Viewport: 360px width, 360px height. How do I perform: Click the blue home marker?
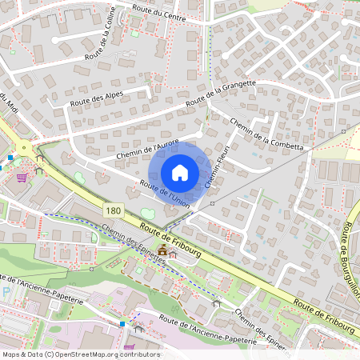coord(180,172)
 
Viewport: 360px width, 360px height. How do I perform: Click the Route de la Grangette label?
coord(220,94)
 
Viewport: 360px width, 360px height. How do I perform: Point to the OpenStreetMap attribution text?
coord(80,354)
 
